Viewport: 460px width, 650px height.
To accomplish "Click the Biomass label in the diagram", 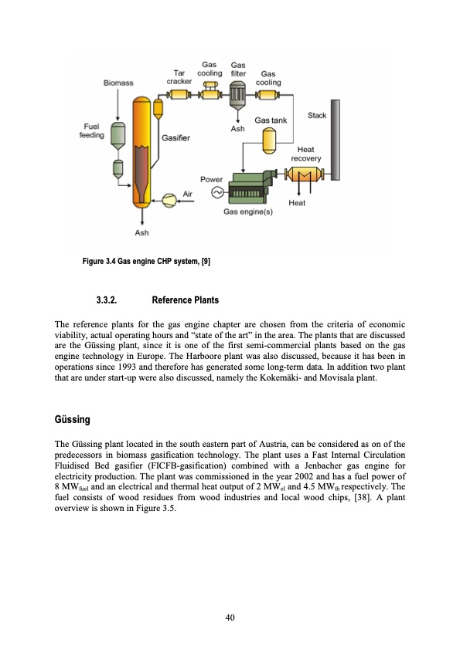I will pos(119,83).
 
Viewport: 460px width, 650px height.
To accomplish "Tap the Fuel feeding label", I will pos(92,130).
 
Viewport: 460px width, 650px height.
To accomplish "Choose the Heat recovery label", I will pos(305,154).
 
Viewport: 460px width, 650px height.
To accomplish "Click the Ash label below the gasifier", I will pos(142,232).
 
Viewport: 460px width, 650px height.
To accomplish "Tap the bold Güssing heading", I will pos(73,419).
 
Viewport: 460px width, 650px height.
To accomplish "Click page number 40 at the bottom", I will pos(230,617).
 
